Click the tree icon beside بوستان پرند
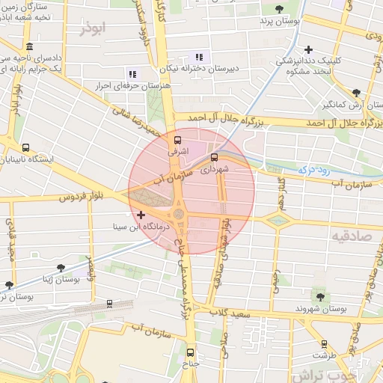tap(279, 9)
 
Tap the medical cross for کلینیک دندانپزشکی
tap(308, 49)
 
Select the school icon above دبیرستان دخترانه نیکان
tap(198, 57)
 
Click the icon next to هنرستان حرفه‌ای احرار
tap(132, 74)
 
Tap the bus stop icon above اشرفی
tap(177, 140)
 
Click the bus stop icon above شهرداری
tap(215, 157)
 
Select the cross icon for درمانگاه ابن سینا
tap(141, 215)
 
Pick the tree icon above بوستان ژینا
tap(61, 266)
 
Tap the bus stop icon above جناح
tap(189, 352)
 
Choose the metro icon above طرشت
tap(324, 344)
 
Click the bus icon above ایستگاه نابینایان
tap(26, 147)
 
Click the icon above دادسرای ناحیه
tap(28, 46)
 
